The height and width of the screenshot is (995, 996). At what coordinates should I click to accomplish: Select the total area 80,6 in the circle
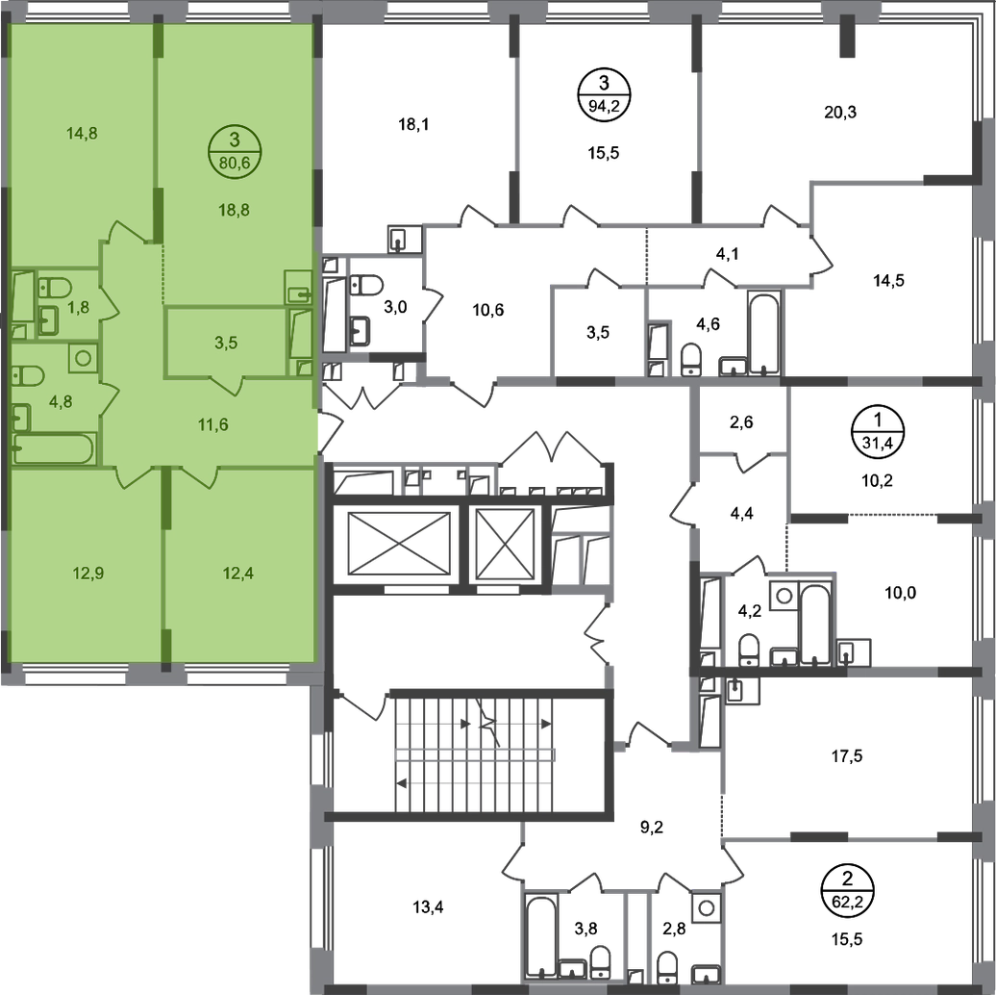(237, 164)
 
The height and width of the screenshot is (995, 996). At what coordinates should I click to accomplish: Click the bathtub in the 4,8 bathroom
(55, 447)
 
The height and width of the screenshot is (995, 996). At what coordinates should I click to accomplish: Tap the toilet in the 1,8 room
(50, 286)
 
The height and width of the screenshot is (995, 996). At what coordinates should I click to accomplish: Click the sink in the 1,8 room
(48, 319)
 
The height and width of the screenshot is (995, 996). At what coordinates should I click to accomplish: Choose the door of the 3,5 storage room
(226, 385)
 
